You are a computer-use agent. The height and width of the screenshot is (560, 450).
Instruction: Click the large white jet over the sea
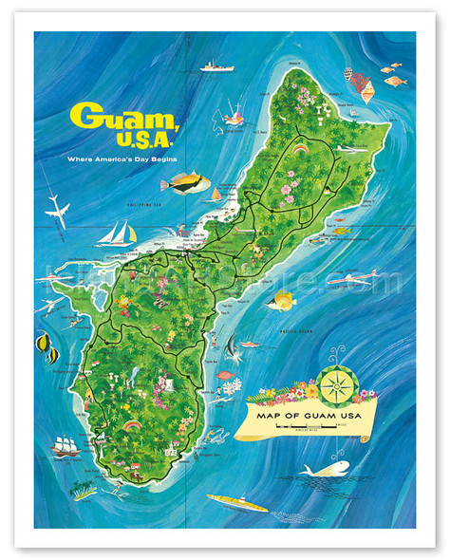tap(57, 213)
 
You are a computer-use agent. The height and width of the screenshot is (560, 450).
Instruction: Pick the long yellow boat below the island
tap(236, 502)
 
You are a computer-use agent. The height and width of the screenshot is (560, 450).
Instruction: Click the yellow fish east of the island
tap(281, 303)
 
